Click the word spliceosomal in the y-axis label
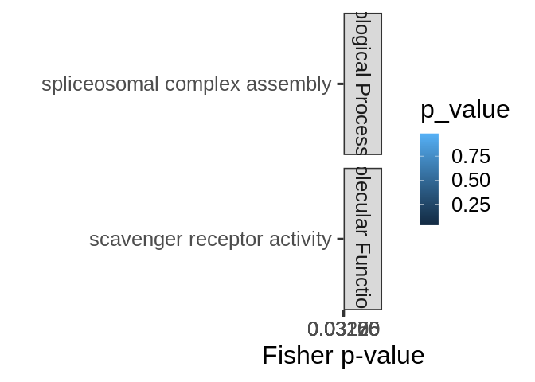pyautogui.click(x=94, y=84)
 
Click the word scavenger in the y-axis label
pyautogui.click(x=130, y=239)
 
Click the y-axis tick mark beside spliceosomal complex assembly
pyautogui.click(x=340, y=84)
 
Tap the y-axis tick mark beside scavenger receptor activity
pyautogui.click(x=340, y=239)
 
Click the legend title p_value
pyautogui.click(x=464, y=110)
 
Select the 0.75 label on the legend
pyautogui.click(x=471, y=156)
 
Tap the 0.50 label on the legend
pyautogui.click(x=471, y=181)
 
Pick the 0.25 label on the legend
pyautogui.click(x=471, y=205)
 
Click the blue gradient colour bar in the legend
pyautogui.click(x=429, y=179)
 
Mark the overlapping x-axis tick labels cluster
pyautogui.click(x=343, y=328)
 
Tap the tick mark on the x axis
pyautogui.click(x=343, y=313)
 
